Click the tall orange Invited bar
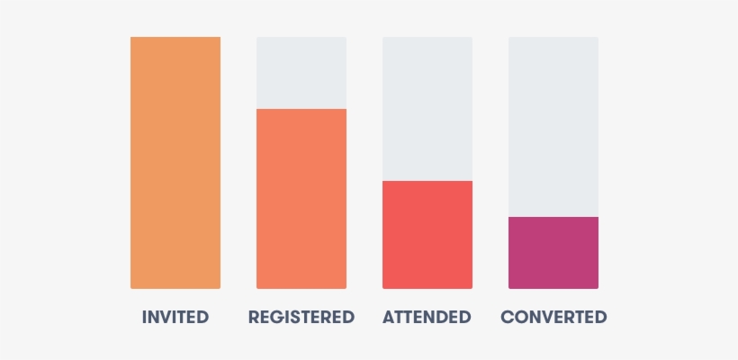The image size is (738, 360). [175, 162]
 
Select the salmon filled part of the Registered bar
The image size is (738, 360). [301, 198]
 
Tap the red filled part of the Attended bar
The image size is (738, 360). [427, 234]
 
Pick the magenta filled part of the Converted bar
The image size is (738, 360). [553, 252]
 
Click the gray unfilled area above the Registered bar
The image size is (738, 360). [301, 72]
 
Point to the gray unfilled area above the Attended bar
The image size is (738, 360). [427, 108]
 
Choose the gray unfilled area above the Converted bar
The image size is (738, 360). [553, 126]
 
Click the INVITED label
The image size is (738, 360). [175, 317]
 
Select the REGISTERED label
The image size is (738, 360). [301, 317]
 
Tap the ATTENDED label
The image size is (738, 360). [427, 317]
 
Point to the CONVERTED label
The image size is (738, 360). [553, 317]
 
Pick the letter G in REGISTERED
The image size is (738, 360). [274, 317]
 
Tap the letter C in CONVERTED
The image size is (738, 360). [507, 317]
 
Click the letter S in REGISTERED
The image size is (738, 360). [292, 317]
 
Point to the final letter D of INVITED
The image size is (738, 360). [202, 317]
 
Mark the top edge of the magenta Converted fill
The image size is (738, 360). [553, 217]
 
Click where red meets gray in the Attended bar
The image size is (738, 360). [427, 181]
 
